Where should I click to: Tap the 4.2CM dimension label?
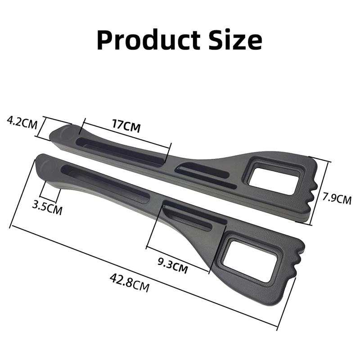coord(21,122)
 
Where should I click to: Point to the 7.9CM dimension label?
coord(337,198)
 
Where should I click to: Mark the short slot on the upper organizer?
coord(205,175)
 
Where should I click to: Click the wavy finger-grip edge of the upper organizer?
coord(312,191)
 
